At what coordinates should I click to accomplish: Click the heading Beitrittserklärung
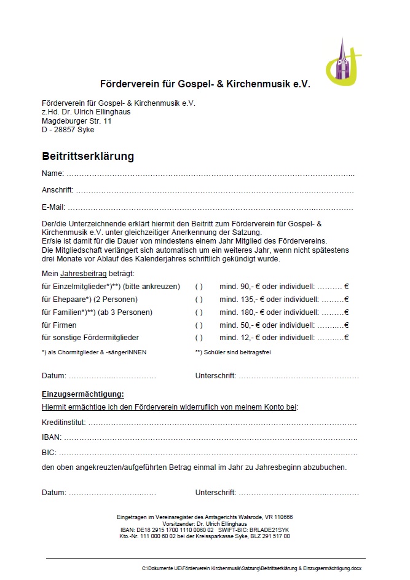(88, 156)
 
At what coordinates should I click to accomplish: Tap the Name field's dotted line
(209, 174)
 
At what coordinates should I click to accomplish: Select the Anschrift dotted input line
(215, 191)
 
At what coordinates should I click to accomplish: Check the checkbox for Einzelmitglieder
(199, 287)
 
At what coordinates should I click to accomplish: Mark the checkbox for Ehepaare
(199, 300)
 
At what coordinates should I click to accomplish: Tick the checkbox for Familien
(199, 312)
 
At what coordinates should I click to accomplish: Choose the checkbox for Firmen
(199, 325)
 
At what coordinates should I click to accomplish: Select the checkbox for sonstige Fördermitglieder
(199, 338)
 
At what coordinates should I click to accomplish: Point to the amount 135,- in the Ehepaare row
(246, 300)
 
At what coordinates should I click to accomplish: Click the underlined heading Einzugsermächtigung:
(83, 394)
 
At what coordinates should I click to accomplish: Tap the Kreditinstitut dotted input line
(221, 423)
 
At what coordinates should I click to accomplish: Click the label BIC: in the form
(49, 453)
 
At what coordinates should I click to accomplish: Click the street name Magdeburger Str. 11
(76, 121)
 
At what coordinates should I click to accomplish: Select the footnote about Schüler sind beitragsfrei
(233, 352)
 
